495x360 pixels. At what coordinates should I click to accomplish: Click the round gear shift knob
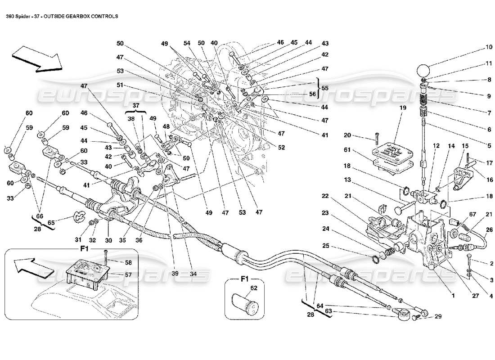(x=423, y=71)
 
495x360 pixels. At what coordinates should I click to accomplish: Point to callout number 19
(x=402, y=108)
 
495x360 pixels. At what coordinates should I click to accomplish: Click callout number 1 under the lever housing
(x=454, y=296)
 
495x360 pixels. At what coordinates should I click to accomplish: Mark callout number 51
(x=120, y=85)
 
